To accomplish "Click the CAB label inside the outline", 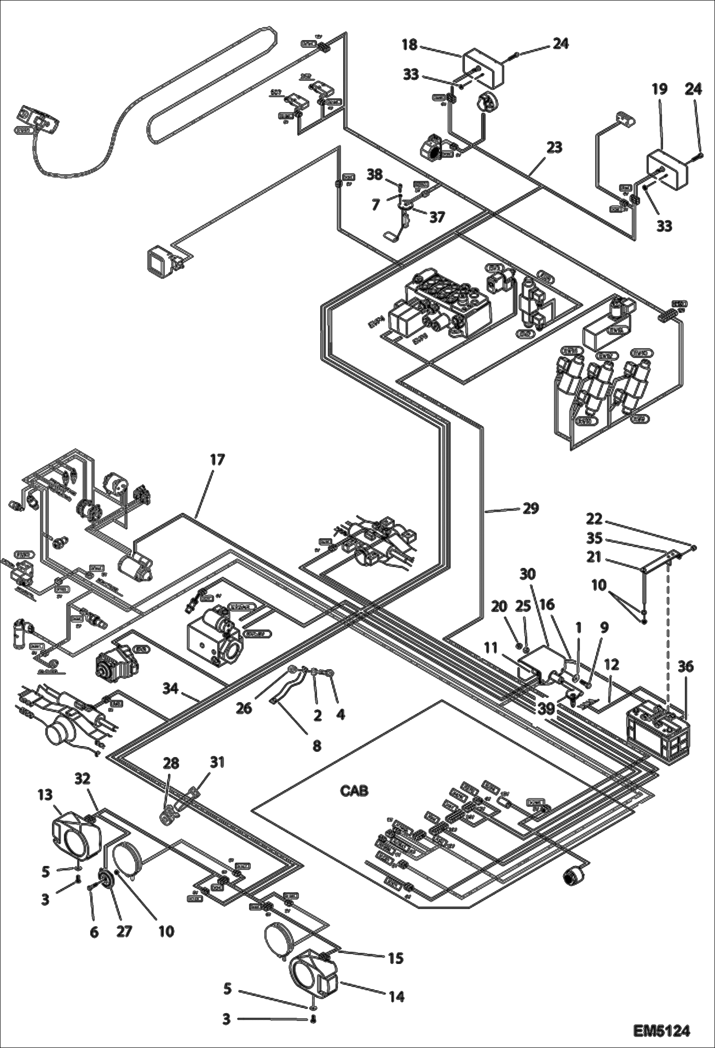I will coord(354,791).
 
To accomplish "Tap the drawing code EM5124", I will coord(662,1031).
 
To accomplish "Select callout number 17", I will coord(217,460).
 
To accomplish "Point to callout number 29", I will coord(531,508).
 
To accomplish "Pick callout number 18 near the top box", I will coord(410,45).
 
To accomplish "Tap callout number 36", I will coord(685,666).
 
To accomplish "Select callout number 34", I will coord(170,688).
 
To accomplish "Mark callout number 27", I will coord(124,931).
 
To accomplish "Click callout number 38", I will coord(375,175).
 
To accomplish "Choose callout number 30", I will coord(527,574).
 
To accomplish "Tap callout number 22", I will coord(594,519).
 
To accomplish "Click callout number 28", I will coord(171,763).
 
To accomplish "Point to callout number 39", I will coord(546,709).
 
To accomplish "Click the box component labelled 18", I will coord(484,67).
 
